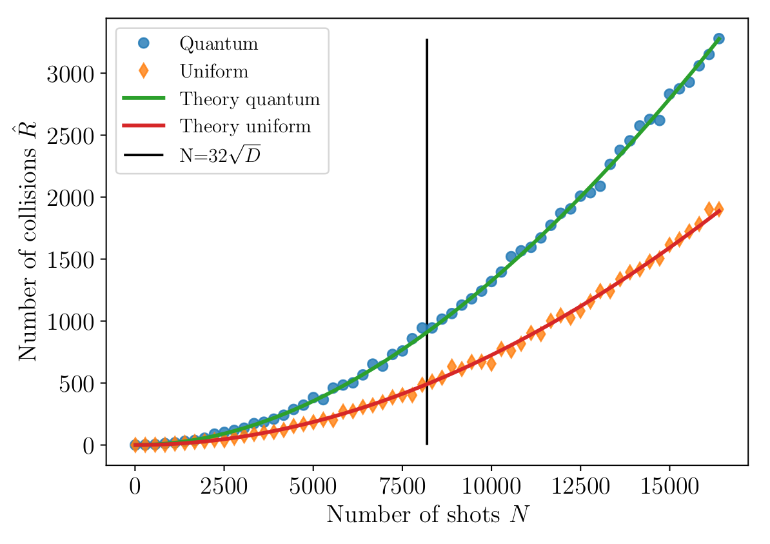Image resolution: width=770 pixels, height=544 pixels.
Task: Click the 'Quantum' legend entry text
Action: click(x=219, y=44)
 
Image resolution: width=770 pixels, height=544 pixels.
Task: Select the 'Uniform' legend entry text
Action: click(x=214, y=71)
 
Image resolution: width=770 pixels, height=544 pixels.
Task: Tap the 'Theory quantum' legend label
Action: click(x=250, y=99)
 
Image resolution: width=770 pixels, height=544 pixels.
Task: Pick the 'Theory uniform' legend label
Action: click(x=245, y=126)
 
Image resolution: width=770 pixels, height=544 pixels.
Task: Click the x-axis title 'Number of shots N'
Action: click(x=428, y=514)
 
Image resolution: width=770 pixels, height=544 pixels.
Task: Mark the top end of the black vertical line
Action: click(x=427, y=40)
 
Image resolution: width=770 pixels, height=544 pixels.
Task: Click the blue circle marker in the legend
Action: click(x=143, y=43)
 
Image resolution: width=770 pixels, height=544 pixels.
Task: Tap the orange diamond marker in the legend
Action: click(x=143, y=71)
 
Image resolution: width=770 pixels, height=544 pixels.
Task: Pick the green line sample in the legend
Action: click(x=143, y=99)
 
